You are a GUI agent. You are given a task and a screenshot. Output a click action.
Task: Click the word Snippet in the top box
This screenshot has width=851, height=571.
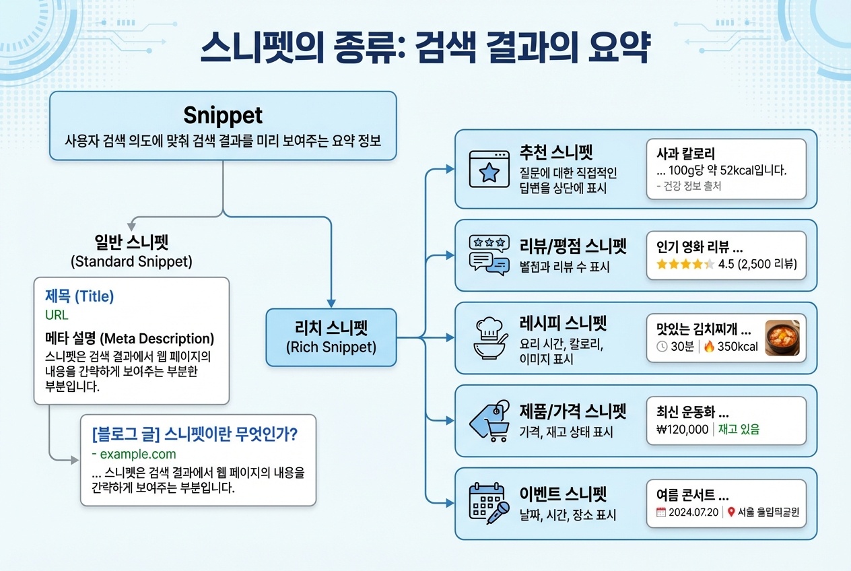223,115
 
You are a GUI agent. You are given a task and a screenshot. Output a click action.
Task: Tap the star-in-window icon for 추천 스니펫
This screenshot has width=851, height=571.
489,169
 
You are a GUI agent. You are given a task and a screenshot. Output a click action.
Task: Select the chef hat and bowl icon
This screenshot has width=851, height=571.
490,338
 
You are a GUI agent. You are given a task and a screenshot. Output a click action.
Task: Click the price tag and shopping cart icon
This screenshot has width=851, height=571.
489,421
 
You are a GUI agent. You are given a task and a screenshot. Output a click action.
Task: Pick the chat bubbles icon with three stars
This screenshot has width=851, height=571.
489,255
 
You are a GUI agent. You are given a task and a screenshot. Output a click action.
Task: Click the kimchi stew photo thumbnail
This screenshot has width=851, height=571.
782,338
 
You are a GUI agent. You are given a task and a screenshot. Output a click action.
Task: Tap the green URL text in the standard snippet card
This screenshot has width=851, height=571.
57,315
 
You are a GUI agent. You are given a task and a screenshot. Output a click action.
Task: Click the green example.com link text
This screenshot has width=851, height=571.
134,454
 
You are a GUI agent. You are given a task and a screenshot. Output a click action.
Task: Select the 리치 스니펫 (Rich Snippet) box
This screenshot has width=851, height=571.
331,337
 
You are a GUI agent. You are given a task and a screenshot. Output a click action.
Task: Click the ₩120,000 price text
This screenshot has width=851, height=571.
682,430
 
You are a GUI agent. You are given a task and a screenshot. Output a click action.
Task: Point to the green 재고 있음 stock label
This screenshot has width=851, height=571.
739,430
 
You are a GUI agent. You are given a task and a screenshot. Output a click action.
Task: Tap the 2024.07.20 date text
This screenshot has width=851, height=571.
693,512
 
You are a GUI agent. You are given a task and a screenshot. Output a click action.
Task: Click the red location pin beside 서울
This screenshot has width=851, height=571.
731,512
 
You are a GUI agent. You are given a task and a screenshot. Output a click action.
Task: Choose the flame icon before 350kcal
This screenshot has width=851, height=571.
709,347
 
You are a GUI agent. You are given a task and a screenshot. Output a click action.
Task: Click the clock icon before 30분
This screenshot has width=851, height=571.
662,347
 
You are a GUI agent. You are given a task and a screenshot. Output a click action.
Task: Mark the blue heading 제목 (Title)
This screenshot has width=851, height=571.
79,296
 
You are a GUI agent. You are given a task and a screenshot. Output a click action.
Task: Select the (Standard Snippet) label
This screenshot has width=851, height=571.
131,261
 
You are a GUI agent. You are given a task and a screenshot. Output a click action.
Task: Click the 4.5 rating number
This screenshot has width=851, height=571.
726,264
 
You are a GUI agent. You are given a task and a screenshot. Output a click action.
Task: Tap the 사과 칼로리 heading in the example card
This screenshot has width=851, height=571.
686,154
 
